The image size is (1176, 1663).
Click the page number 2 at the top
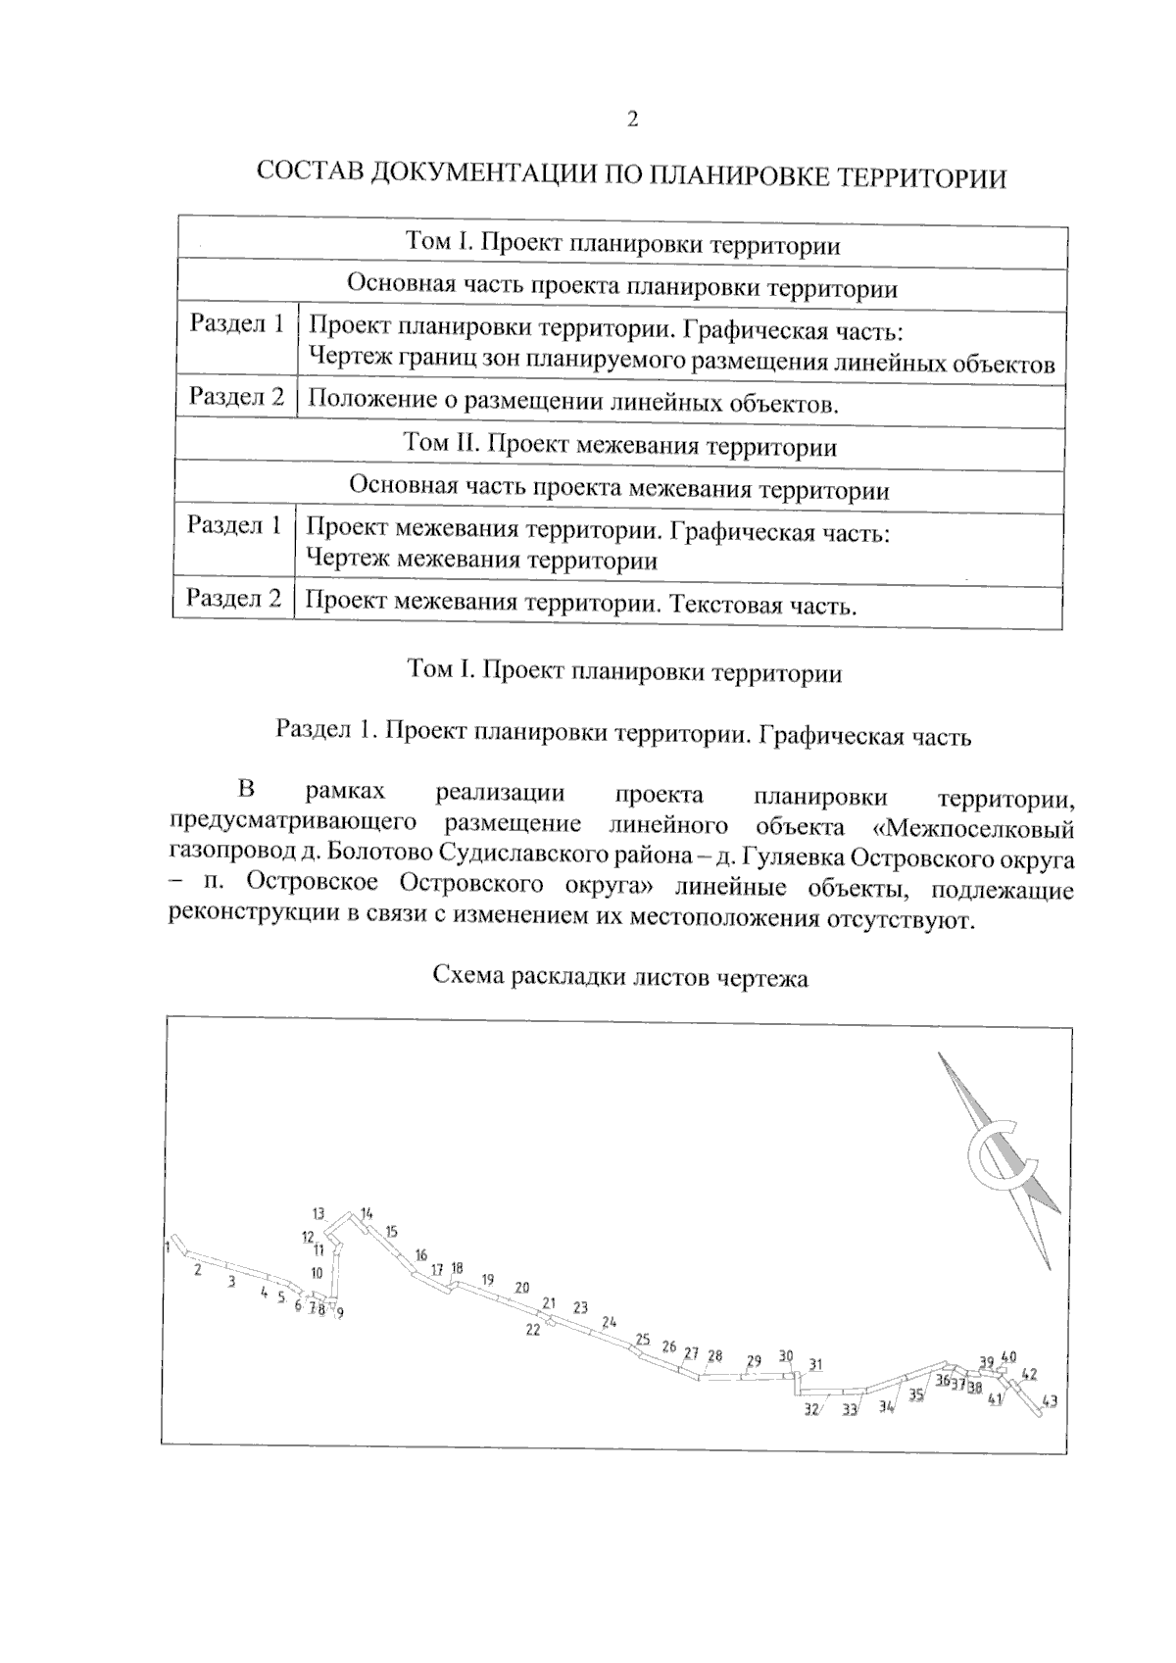[x=632, y=120]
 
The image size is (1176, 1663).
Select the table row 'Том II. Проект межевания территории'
[x=619, y=446]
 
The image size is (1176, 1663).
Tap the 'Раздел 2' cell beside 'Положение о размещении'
[x=236, y=397]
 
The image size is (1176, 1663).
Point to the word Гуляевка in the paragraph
[x=794, y=858]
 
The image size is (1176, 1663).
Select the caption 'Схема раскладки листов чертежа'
[x=620, y=977]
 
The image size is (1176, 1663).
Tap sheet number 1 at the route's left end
[x=168, y=1247]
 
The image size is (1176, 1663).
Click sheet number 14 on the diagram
[x=367, y=1213]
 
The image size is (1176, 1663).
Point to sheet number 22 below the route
[x=533, y=1330]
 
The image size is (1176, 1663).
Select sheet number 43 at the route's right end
[x=1050, y=1401]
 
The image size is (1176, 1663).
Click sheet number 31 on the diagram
[x=815, y=1364]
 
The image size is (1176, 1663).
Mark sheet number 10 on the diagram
[x=317, y=1273]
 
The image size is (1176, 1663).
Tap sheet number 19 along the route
[x=488, y=1279]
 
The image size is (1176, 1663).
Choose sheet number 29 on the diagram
[x=754, y=1360]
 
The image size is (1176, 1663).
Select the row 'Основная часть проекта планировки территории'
[x=621, y=288]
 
